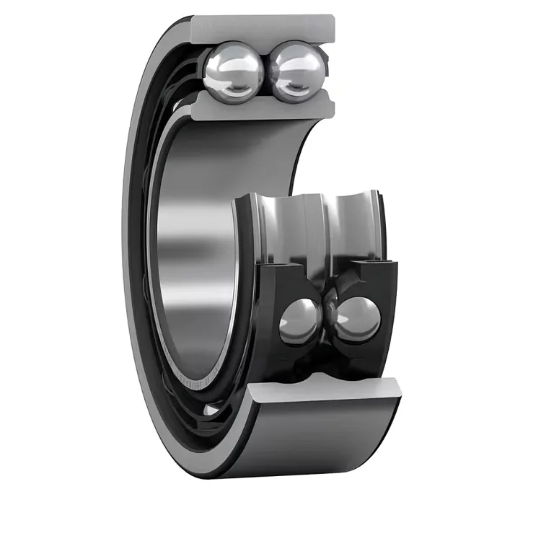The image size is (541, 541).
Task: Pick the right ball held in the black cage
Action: (357, 319)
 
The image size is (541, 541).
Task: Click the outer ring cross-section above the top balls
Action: (263, 27)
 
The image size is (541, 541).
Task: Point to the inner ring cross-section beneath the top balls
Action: (263, 107)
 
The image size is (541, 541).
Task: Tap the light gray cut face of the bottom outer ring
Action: (325, 392)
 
